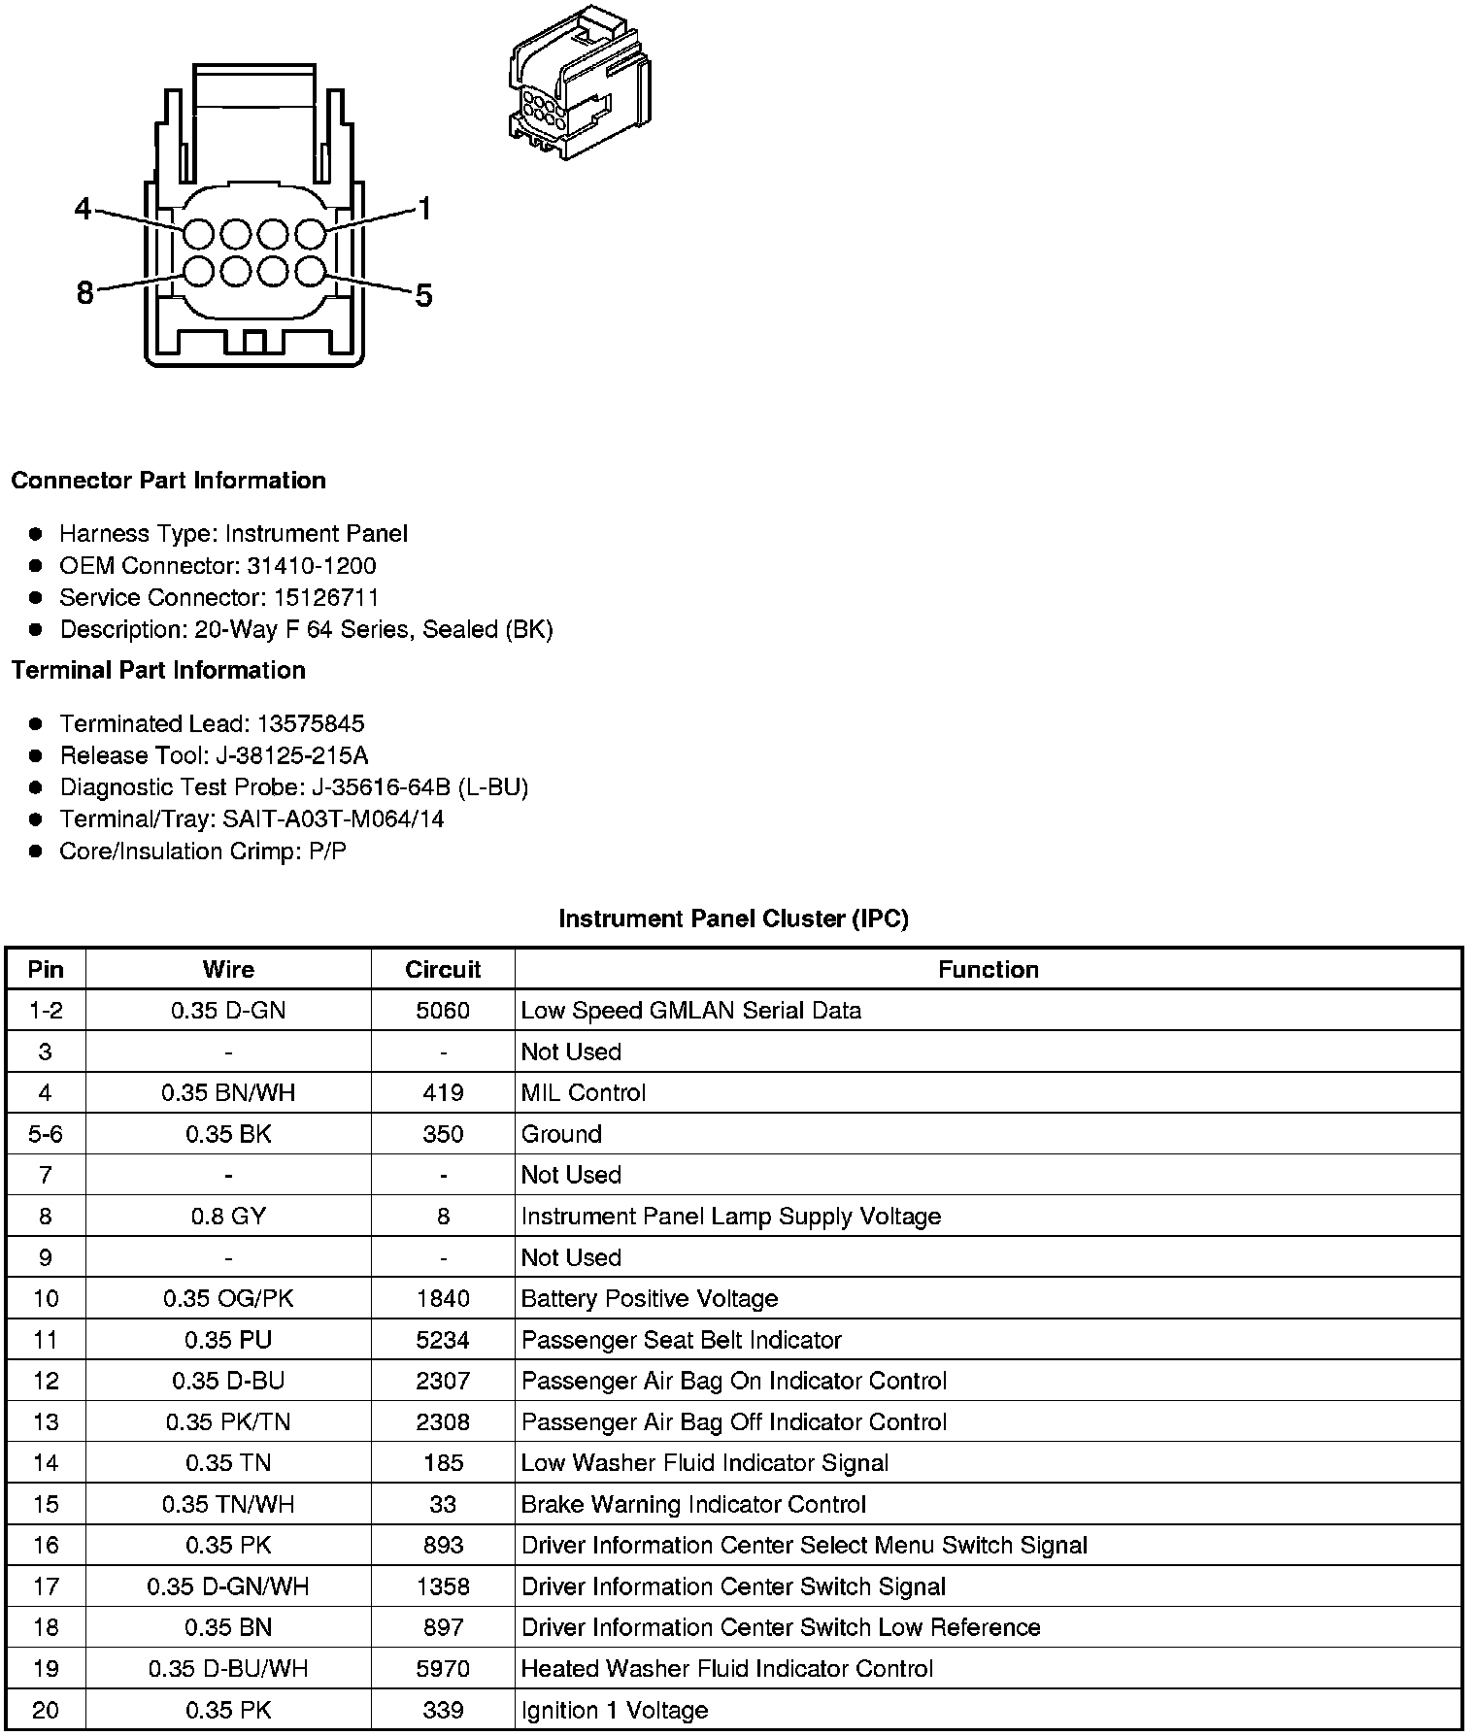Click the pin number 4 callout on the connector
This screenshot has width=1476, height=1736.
(x=84, y=209)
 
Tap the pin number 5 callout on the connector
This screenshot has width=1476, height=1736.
(x=423, y=295)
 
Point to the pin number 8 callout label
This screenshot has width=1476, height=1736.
(x=85, y=292)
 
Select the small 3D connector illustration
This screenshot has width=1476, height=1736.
(x=579, y=83)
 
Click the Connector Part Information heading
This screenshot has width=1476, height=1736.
(x=168, y=481)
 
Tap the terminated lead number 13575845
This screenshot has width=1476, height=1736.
(x=310, y=724)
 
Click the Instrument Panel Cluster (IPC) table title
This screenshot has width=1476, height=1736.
(x=733, y=918)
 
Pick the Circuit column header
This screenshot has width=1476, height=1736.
(x=443, y=969)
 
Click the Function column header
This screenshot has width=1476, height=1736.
(x=988, y=969)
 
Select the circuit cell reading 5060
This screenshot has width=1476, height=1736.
(x=443, y=1011)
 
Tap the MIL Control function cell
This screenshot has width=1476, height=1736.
(x=583, y=1093)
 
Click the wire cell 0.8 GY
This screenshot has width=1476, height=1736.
(x=228, y=1217)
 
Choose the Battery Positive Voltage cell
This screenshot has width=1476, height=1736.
(x=650, y=1299)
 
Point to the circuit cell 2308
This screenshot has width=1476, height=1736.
(x=443, y=1422)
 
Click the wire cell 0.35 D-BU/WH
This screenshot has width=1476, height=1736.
(x=228, y=1669)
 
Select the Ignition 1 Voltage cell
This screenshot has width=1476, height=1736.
(x=614, y=1711)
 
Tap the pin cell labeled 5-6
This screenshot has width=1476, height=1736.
(x=46, y=1134)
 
